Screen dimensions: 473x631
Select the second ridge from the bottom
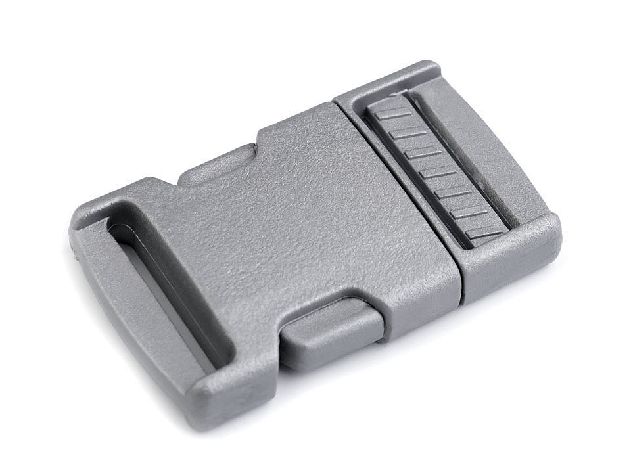pyautogui.click(x=467, y=212)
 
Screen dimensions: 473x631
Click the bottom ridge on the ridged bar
pyautogui.click(x=484, y=233)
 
